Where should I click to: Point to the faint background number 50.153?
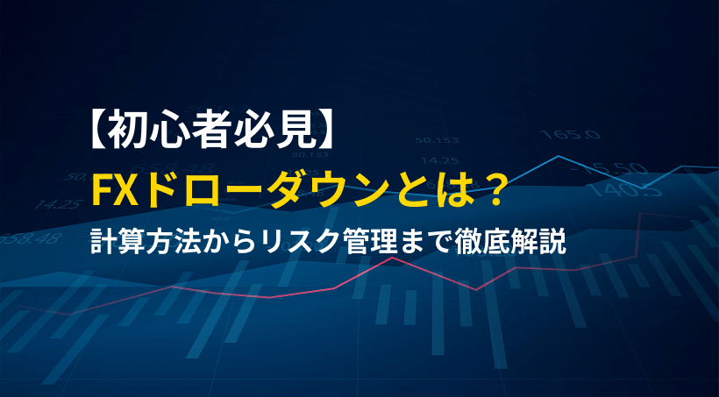click(438, 140)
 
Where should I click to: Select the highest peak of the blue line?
click(558, 157)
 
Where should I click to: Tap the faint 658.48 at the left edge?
click(35, 237)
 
